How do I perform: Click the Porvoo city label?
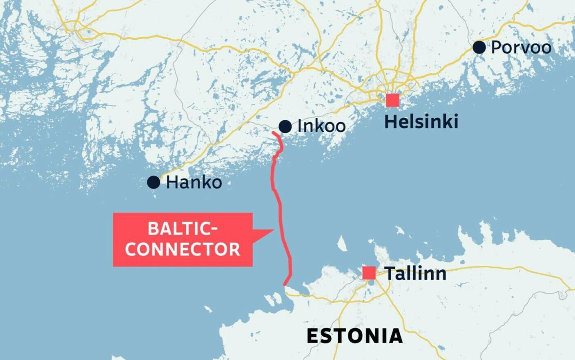pos(521,47)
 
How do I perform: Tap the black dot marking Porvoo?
pos(479,47)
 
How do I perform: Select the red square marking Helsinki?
pos(392,100)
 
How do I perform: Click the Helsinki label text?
pos(421,122)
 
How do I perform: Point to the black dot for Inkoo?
pos(285,127)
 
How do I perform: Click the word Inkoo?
pos(321,126)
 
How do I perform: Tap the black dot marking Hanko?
pos(154,182)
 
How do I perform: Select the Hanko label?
pos(194,182)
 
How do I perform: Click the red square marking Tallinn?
pos(369,273)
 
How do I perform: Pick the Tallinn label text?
pos(415,273)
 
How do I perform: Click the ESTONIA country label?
pos(354,336)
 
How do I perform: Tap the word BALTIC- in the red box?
pos(183,229)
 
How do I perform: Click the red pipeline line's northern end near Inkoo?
pos(273,133)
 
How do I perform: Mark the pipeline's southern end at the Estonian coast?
pos(285,284)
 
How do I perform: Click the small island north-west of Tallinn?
pos(342,244)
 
